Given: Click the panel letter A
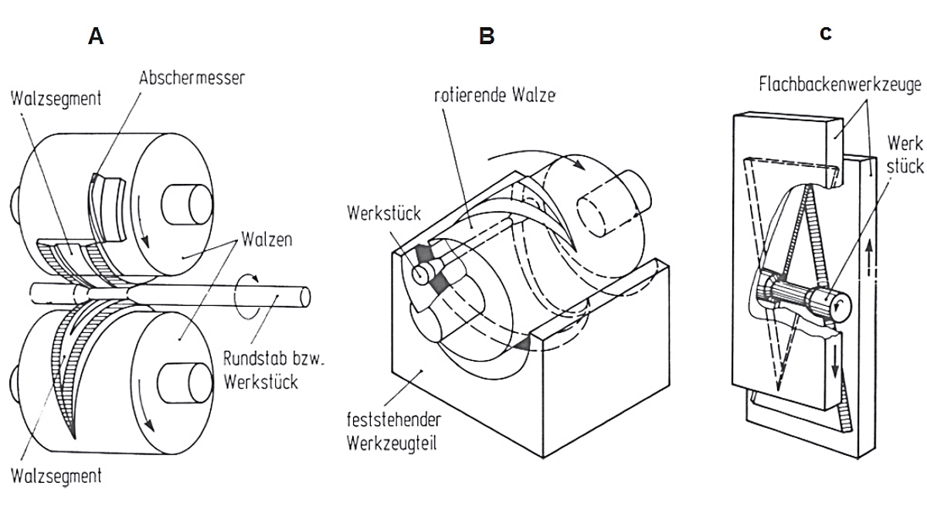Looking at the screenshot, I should click(96, 36).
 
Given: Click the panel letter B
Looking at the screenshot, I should click(486, 36).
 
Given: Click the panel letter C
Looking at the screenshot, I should click(826, 35).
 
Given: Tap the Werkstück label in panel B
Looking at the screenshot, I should click(385, 212).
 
